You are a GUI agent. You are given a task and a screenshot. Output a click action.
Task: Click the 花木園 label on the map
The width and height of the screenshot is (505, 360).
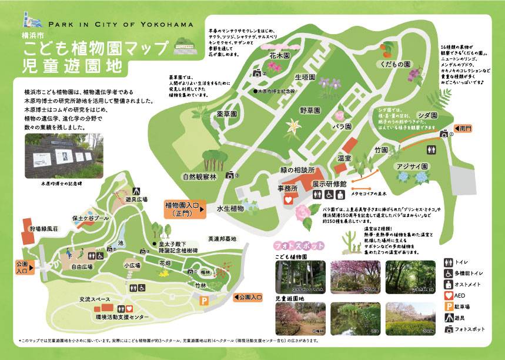pos(279,56)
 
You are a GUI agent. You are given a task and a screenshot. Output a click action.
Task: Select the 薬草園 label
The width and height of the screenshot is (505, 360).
pos(226,114)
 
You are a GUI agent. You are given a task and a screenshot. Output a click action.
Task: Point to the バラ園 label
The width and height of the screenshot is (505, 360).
pos(343,126)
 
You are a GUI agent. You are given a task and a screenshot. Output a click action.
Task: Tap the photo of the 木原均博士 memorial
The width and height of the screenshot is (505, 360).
pos(61,156)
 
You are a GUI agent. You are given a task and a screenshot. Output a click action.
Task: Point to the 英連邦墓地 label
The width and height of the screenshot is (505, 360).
pos(222,239)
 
